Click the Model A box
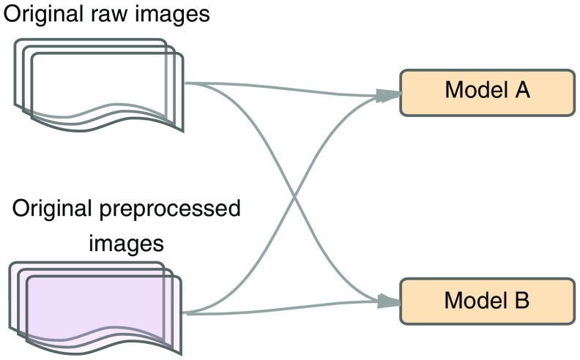tap(486, 92)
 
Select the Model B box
tap(486, 300)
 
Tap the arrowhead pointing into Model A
tap(388, 95)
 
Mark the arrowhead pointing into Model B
tap(388, 299)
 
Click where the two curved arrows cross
tap(294, 198)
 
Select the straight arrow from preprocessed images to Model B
tap(293, 308)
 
